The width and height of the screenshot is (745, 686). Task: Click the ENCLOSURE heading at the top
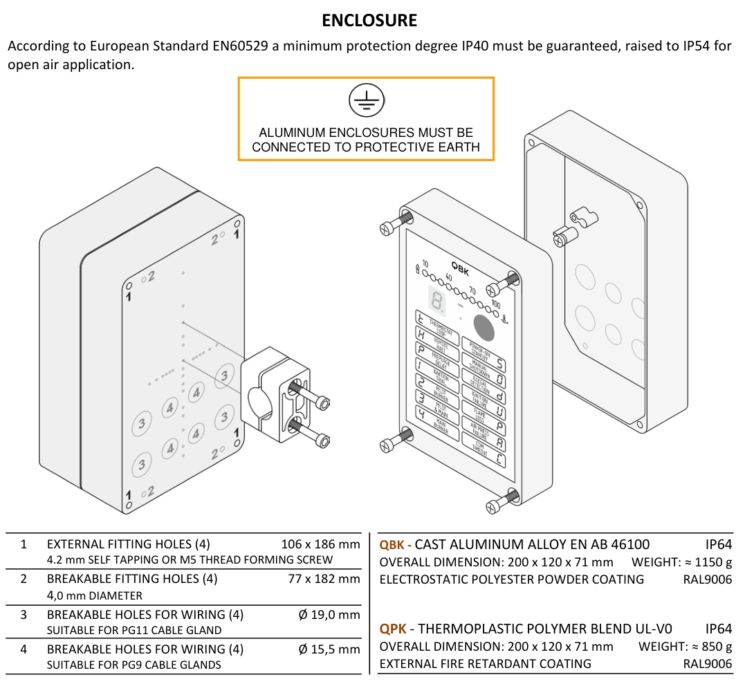pyautogui.click(x=369, y=21)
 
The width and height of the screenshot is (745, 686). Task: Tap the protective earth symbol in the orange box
pyautogui.click(x=365, y=101)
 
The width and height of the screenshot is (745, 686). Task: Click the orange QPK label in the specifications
pyautogui.click(x=393, y=629)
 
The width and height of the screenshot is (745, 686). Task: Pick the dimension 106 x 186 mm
pyautogui.click(x=320, y=544)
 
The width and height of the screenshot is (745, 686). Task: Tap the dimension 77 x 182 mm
pyautogui.click(x=324, y=579)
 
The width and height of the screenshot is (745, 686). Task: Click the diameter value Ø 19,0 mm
pyautogui.click(x=329, y=615)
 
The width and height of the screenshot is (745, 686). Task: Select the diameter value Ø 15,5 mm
pyautogui.click(x=329, y=649)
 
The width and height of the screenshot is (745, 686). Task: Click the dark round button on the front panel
pyautogui.click(x=484, y=328)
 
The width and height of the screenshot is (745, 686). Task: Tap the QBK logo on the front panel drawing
pyautogui.click(x=460, y=268)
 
